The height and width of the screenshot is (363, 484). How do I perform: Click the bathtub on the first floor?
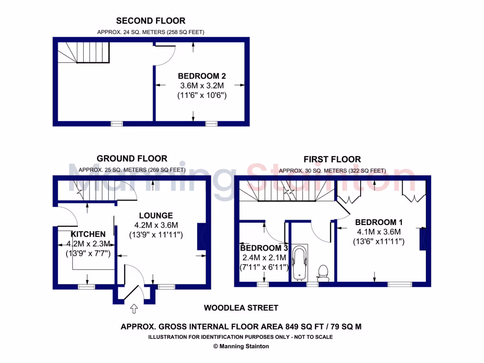pyautogui.click(x=300, y=262)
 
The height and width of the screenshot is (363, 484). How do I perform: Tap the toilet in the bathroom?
pyautogui.click(x=324, y=272)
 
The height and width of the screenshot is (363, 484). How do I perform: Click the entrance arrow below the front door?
pyautogui.click(x=134, y=309)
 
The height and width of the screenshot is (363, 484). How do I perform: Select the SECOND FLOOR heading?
pyautogui.click(x=151, y=20)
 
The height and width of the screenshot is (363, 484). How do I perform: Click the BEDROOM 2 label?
pyautogui.click(x=202, y=76)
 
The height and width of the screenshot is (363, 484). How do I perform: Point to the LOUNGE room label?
pyautogui.click(x=156, y=216)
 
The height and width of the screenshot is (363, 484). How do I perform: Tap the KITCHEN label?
pyautogui.click(x=88, y=234)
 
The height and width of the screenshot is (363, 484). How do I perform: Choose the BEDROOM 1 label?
pyautogui.click(x=379, y=222)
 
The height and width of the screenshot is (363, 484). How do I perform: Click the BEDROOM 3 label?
pyautogui.click(x=264, y=248)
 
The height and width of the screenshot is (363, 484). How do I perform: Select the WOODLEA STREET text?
pyautogui.click(x=241, y=308)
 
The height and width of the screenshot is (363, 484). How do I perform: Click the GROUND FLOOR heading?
pyautogui.click(x=132, y=158)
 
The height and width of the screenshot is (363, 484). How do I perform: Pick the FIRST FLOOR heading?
pyautogui.click(x=332, y=159)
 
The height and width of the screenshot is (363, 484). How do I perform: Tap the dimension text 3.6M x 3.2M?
pyautogui.click(x=202, y=86)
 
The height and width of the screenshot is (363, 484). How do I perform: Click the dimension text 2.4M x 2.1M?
pyautogui.click(x=265, y=258)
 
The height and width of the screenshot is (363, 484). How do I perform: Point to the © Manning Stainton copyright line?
pyautogui.click(x=241, y=346)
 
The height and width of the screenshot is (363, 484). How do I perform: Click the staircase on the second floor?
pyautogui.click(x=85, y=52)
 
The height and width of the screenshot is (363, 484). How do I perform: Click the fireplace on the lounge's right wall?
pyautogui.click(x=201, y=236)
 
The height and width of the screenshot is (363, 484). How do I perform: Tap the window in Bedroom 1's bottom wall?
pyautogui.click(x=400, y=284)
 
